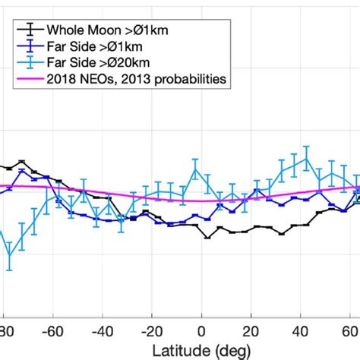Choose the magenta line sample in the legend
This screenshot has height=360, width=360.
click(x=29, y=77)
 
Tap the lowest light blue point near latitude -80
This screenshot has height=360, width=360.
click(x=10, y=256)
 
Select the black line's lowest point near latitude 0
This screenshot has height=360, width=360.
click(x=207, y=237)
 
